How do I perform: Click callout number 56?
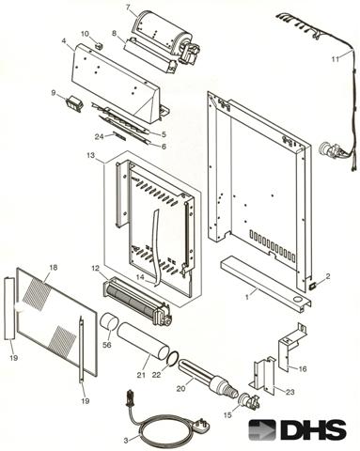click(x=107, y=345)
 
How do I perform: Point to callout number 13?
click(x=90, y=155)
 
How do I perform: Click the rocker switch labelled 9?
click(x=74, y=103)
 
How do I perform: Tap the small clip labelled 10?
click(x=99, y=45)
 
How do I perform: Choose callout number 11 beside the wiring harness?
click(x=336, y=59)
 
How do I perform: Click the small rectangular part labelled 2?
click(x=313, y=286)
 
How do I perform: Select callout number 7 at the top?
click(x=128, y=8)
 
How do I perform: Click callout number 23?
click(x=290, y=392)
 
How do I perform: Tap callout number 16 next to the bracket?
click(x=303, y=368)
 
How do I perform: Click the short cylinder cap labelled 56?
click(x=109, y=324)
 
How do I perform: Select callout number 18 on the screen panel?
click(x=54, y=267)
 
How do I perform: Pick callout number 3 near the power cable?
click(x=126, y=441)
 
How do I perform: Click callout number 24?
click(x=99, y=136)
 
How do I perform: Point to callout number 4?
click(x=64, y=41)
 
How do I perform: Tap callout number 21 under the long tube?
click(x=141, y=374)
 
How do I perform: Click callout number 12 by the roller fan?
click(x=95, y=268)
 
